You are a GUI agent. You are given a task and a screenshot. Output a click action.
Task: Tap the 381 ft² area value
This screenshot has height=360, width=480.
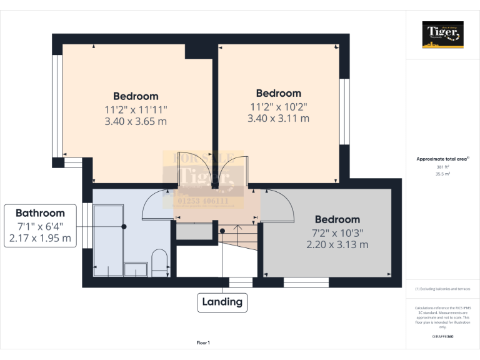point(442,167)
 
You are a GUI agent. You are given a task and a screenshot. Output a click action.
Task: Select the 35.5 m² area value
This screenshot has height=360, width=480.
point(442,174)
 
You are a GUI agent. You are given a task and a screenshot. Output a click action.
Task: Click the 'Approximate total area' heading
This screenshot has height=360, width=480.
point(442,159)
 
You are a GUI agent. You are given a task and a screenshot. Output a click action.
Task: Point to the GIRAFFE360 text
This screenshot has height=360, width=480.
point(442,337)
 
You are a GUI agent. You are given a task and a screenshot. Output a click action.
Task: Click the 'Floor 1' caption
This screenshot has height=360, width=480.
point(203,342)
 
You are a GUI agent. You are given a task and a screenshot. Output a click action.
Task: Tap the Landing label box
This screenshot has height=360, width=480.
point(222,302)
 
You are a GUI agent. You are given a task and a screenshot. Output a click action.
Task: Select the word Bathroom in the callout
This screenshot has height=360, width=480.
point(40,212)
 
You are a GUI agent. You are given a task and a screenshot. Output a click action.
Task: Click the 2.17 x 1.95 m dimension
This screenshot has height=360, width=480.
point(40,238)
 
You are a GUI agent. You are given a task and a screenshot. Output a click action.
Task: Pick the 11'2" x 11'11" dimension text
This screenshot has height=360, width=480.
point(136,109)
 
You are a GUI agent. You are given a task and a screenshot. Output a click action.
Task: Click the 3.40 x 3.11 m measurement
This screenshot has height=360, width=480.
point(278,118)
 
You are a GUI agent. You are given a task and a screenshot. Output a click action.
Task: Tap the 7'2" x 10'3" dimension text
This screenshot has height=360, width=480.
point(337,232)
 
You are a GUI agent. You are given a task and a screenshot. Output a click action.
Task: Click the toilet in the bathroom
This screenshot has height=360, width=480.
point(160,263)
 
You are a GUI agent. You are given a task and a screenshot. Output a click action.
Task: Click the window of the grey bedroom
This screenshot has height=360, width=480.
point(306,282)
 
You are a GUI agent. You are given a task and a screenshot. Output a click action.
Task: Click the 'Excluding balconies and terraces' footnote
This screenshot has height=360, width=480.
point(442,289)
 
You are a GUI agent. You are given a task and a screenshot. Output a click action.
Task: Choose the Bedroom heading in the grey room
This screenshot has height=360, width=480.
point(337,219)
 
